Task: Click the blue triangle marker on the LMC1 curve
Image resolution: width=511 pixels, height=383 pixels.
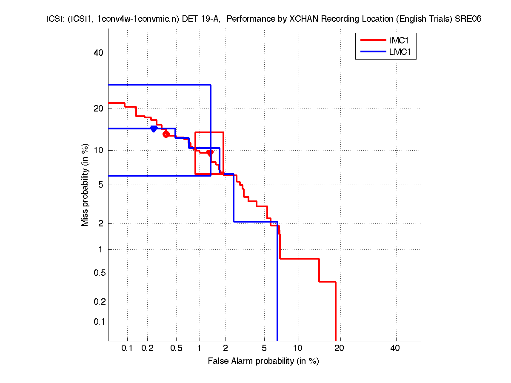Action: pyautogui.click(x=154, y=129)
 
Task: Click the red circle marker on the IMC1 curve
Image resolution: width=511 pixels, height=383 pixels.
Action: pyautogui.click(x=166, y=134)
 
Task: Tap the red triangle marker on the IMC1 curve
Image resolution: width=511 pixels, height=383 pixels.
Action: pyautogui.click(x=210, y=152)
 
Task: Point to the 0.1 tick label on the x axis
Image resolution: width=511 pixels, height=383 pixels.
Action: pyautogui.click(x=127, y=348)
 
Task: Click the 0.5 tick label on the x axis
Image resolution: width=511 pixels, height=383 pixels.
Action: pyautogui.click(x=176, y=348)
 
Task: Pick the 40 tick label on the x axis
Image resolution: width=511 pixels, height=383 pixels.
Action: pyautogui.click(x=395, y=348)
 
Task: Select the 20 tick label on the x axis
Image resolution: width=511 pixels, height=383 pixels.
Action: pyautogui.click(x=339, y=348)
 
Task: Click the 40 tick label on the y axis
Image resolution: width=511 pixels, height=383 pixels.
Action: pyautogui.click(x=99, y=53)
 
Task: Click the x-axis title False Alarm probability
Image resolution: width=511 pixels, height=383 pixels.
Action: pyautogui.click(x=263, y=361)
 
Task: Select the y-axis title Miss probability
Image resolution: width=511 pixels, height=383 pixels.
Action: pyautogui.click(x=86, y=185)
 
